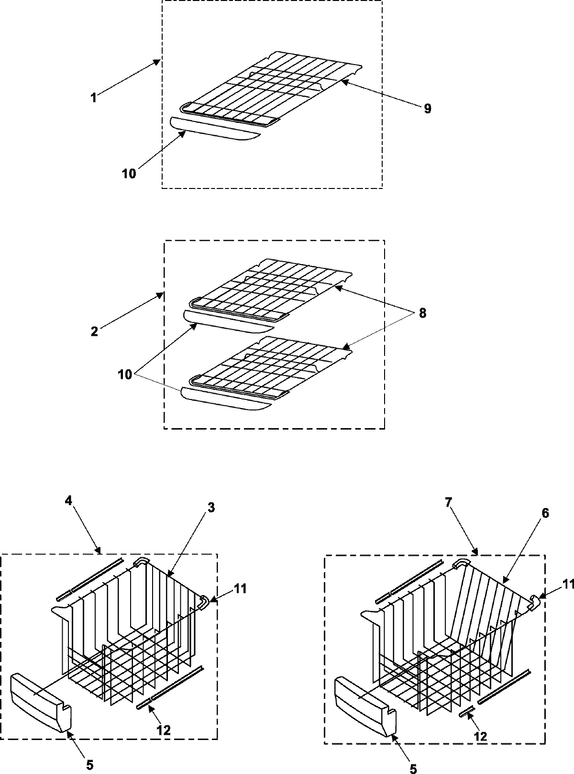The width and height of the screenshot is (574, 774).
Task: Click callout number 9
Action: tap(427, 109)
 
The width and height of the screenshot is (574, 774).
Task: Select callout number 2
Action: tap(94, 331)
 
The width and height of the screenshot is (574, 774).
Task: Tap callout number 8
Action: tap(421, 313)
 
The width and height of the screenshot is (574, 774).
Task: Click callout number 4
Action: tap(69, 501)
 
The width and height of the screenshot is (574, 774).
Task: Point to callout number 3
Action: tap(211, 509)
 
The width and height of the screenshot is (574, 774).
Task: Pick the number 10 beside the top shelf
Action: tap(129, 173)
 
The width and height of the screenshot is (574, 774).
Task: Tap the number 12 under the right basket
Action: tap(480, 736)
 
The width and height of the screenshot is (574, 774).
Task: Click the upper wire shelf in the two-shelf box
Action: tap(268, 289)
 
